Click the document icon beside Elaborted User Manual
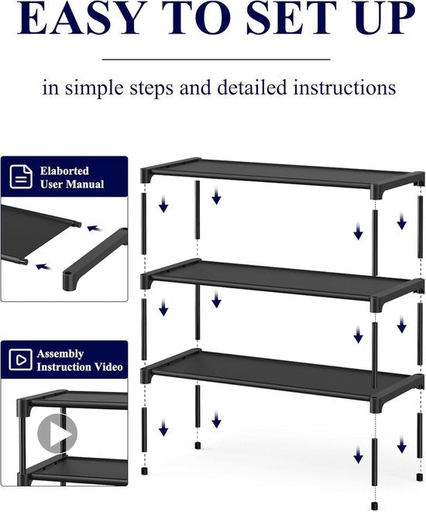coord(21,177)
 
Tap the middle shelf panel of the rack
coord(279,279)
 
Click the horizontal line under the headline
coord(216,58)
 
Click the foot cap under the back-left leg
coord(198,447)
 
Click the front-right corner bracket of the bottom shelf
coord(379,404)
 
